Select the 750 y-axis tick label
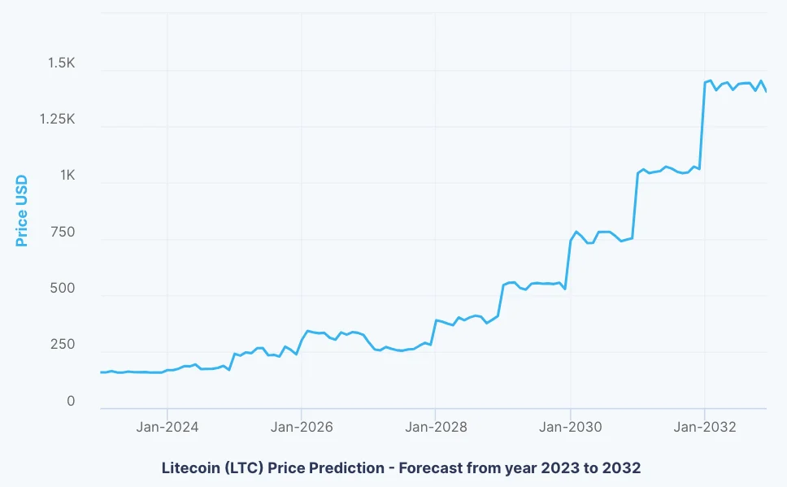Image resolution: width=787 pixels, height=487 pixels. (x=62, y=233)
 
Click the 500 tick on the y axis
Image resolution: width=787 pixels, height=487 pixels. (x=62, y=289)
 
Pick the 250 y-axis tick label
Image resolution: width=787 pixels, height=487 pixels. (x=62, y=345)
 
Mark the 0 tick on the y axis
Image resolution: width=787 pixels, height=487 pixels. (x=71, y=402)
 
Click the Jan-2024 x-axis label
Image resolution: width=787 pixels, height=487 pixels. (x=167, y=427)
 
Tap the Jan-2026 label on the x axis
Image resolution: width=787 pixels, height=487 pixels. (x=301, y=427)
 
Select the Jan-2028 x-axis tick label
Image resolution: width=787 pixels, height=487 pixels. (x=435, y=427)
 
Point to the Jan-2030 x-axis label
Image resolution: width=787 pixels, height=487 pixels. (x=570, y=427)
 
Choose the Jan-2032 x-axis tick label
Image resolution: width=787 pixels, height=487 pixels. (x=704, y=427)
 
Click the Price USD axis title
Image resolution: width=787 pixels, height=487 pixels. (x=22, y=211)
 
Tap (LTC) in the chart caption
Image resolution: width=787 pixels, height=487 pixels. (x=244, y=468)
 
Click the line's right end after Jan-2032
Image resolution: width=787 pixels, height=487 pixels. (x=766, y=91)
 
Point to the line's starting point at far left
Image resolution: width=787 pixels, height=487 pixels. (x=101, y=372)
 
